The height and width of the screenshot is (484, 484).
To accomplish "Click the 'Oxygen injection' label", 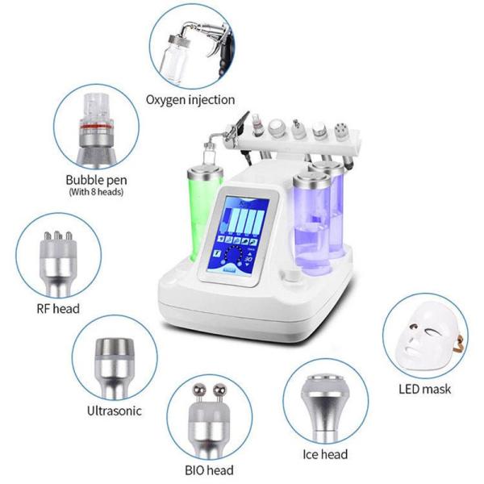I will (190, 100).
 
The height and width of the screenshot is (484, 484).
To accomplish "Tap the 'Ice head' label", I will (324, 455).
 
